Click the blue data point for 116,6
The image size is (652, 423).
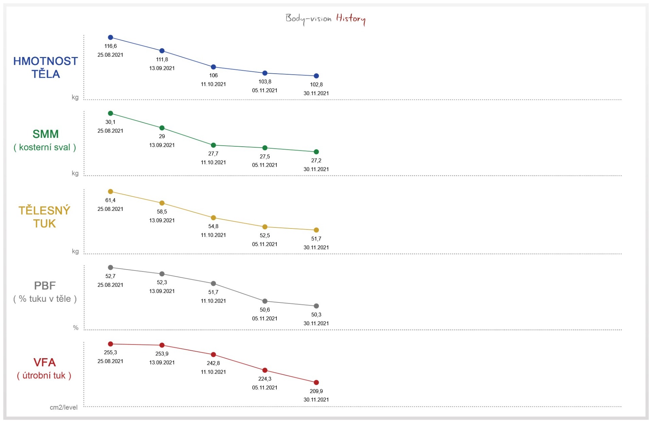pyautogui.click(x=110, y=37)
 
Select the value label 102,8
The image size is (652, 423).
pyautogui.click(x=316, y=85)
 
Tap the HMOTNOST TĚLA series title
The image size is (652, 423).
pyautogui.click(x=46, y=68)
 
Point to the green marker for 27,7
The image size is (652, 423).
pyautogui.click(x=213, y=145)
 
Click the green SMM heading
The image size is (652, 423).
pyautogui.click(x=46, y=134)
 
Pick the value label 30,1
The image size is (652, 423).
pyautogui.click(x=110, y=122)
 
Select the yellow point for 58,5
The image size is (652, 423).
pyautogui.click(x=162, y=203)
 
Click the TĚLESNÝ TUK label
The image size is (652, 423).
pyautogui.click(x=44, y=217)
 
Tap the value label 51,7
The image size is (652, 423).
pyautogui.click(x=316, y=239)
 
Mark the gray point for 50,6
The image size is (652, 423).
pyautogui.click(x=265, y=301)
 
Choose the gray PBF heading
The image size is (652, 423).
pyautogui.click(x=45, y=286)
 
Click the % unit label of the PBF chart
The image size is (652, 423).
pyautogui.click(x=76, y=328)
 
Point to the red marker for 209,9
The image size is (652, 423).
pyautogui.click(x=316, y=383)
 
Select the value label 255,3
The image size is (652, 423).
pyautogui.click(x=110, y=352)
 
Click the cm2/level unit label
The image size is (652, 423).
pyautogui.click(x=64, y=407)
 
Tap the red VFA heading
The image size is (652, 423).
pyautogui.click(x=44, y=363)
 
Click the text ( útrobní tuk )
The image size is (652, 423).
pyautogui.click(x=44, y=375)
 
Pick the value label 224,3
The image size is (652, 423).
pyautogui.click(x=265, y=379)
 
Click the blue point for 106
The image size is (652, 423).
pyautogui.click(x=213, y=67)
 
